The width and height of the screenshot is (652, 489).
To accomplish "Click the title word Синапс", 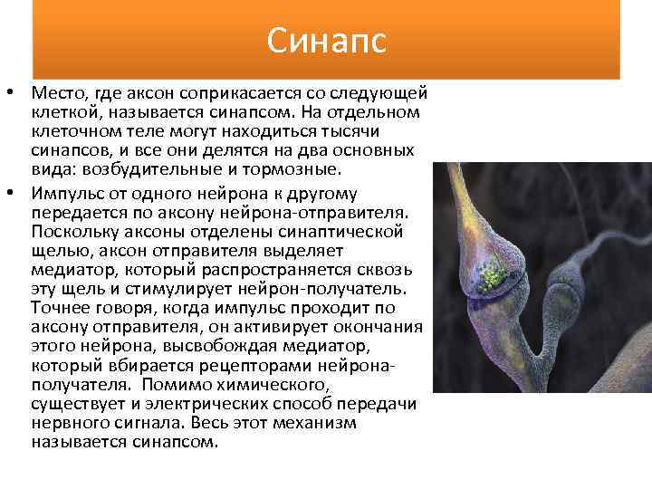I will (x=327, y=40).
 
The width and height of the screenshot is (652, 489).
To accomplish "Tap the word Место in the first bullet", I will (x=57, y=93).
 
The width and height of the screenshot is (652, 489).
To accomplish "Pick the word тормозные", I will (x=300, y=168).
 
